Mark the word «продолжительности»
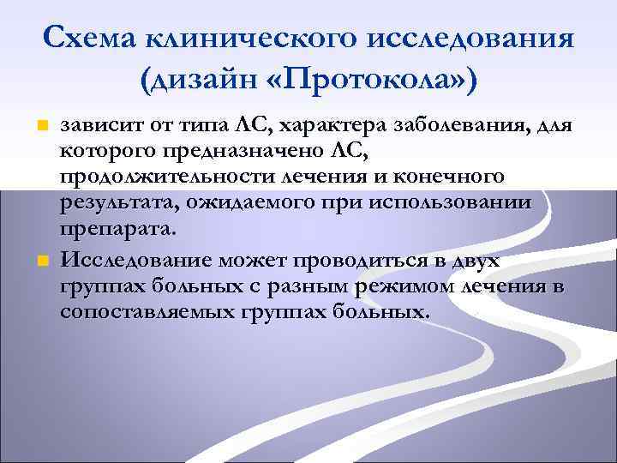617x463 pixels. pyautogui.click(x=156, y=177)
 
